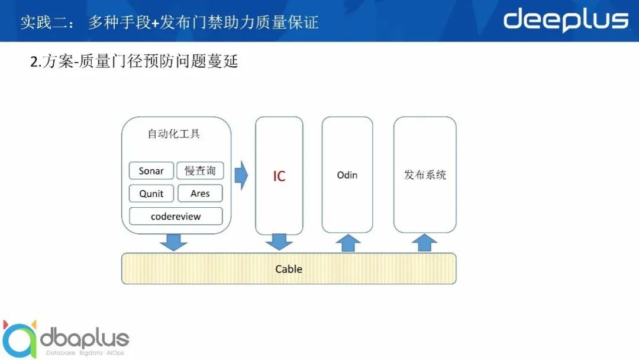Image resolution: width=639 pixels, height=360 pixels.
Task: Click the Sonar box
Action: pos(151,171)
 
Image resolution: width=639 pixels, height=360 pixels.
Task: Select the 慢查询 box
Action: pos(200,171)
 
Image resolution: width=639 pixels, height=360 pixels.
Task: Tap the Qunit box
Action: pos(151,194)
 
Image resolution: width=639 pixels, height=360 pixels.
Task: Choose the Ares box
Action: pos(200,194)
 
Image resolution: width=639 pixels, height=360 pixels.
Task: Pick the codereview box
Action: pos(176,216)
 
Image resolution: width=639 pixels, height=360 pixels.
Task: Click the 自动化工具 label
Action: pos(174,134)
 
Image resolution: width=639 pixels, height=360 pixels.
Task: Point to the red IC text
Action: pos(279,176)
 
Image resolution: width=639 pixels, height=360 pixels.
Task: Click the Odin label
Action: pos(347,175)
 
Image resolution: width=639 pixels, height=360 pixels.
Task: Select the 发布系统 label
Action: pos(425,175)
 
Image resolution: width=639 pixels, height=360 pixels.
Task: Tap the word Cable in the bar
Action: pos(289,269)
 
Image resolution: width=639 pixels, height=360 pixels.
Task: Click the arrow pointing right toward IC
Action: pos(241,176)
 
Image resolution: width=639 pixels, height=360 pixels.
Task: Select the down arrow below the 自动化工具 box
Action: pos(173,242)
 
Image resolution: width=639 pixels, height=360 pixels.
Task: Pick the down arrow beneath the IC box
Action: pos(279,242)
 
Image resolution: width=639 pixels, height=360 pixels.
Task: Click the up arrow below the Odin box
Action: pos(348,243)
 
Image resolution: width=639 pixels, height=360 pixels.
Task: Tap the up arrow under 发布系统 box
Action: pos(424,243)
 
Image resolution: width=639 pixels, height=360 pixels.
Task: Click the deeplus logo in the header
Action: pos(565,20)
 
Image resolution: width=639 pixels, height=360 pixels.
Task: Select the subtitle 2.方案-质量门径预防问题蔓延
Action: pos(134,62)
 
